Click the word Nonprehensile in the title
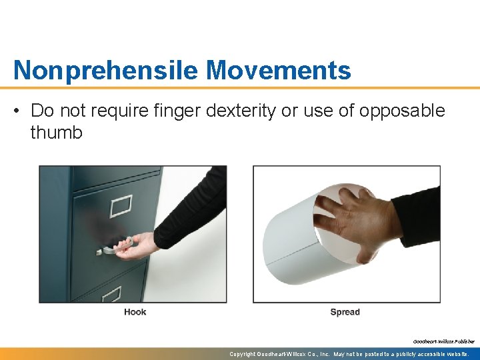[106, 69]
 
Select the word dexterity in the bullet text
[241, 111]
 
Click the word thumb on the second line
[57, 132]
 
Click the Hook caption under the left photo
[135, 312]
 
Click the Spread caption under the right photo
[345, 312]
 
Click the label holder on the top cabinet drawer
[120, 207]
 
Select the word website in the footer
[454, 354]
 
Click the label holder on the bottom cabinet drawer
[111, 293]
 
